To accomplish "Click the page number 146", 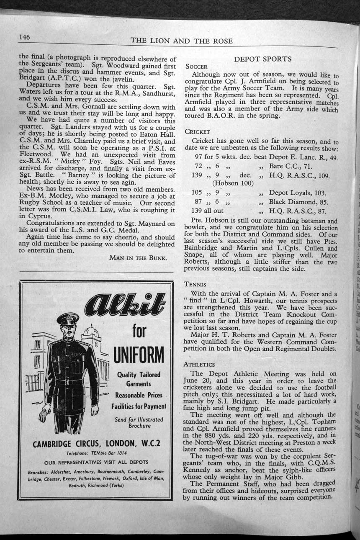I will [24, 37].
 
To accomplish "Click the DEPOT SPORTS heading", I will [262, 59].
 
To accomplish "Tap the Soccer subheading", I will [196, 67].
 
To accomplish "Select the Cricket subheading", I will [197, 131].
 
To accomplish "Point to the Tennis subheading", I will [195, 284].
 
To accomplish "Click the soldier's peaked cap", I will [68, 319].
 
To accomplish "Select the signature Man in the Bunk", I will [138, 257].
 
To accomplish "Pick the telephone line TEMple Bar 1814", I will [96, 453].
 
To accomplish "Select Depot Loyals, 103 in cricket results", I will [297, 193].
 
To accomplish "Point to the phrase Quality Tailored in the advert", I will [139, 375].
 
